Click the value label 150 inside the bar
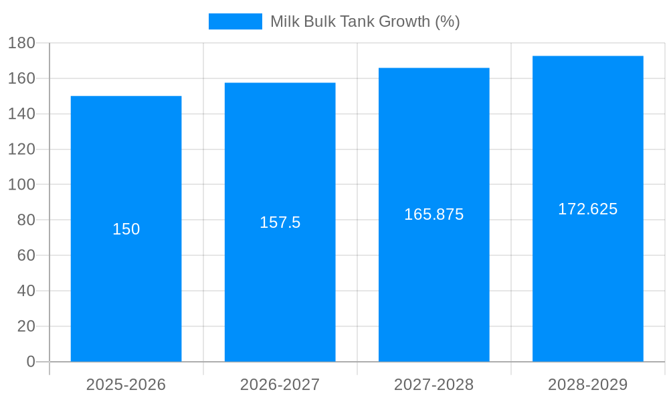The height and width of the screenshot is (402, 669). point(126,229)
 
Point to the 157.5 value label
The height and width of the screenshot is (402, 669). point(280,222)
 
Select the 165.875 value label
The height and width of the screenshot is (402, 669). point(434,214)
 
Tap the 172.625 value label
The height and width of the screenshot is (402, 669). point(587,209)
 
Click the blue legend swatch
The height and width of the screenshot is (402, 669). point(235,21)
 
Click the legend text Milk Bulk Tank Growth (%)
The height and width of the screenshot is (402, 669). point(365,21)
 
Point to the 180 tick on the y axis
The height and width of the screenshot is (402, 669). point(21,43)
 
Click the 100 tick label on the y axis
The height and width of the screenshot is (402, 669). point(21,184)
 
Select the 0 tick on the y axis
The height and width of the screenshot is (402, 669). point(30,362)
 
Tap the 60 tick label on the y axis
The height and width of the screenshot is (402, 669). point(26,255)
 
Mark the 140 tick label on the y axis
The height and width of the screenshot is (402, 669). point(21,114)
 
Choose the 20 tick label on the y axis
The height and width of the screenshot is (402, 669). point(26,326)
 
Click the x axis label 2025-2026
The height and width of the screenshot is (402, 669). point(126,385)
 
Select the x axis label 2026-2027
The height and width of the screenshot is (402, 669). point(280,385)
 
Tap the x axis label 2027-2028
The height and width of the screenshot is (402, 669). point(434,385)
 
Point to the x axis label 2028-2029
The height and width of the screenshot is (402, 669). point(587,385)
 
